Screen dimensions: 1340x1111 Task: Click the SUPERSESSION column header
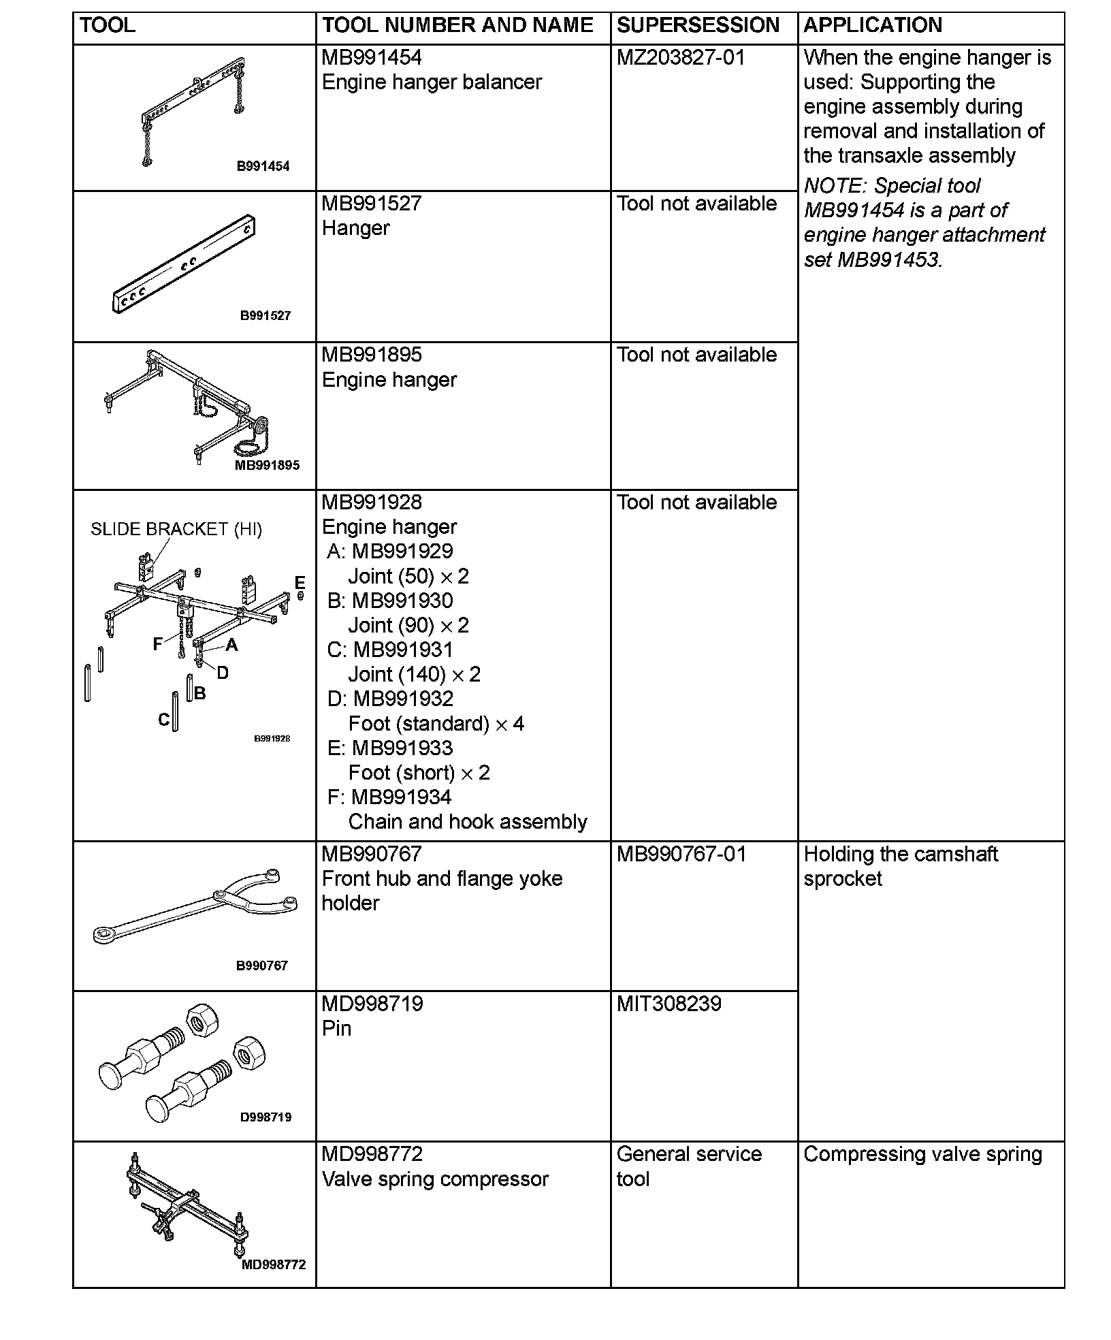pyautogui.click(x=698, y=25)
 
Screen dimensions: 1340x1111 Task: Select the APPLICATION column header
pyautogui.click(x=873, y=25)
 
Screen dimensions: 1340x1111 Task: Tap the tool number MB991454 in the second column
pyautogui.click(x=372, y=57)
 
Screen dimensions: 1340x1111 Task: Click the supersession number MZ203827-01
pyautogui.click(x=681, y=57)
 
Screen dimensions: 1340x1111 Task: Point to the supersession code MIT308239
pyautogui.click(x=669, y=1003)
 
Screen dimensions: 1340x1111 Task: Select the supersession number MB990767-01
pyautogui.click(x=681, y=854)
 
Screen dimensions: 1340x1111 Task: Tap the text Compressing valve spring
pyautogui.click(x=922, y=1154)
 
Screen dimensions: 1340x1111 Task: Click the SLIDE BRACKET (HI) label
pyautogui.click(x=176, y=529)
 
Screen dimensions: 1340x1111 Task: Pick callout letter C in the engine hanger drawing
pyautogui.click(x=163, y=720)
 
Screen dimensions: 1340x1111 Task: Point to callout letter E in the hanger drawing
pyautogui.click(x=300, y=582)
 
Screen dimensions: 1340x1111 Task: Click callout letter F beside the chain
pyautogui.click(x=157, y=644)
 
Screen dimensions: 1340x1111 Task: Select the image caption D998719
pyautogui.click(x=265, y=1117)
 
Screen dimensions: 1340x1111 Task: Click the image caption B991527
pyautogui.click(x=265, y=315)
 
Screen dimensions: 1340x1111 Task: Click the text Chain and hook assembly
pyautogui.click(x=468, y=822)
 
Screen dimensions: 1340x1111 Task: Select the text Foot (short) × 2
pyautogui.click(x=419, y=773)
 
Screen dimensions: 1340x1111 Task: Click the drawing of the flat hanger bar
pyautogui.click(x=184, y=264)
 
